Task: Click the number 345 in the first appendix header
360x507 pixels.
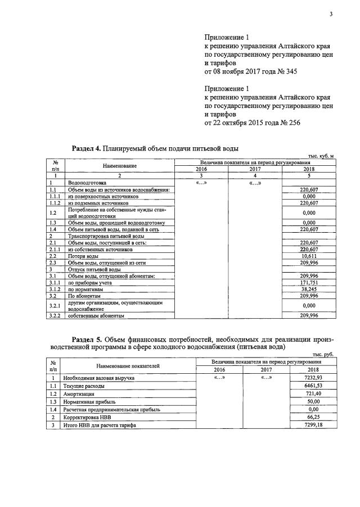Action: tap(289, 72)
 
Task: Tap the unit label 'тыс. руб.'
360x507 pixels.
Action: tap(323, 355)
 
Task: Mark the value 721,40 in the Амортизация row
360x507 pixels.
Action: tap(312, 395)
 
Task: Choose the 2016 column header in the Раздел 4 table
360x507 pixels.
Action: tap(201, 169)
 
